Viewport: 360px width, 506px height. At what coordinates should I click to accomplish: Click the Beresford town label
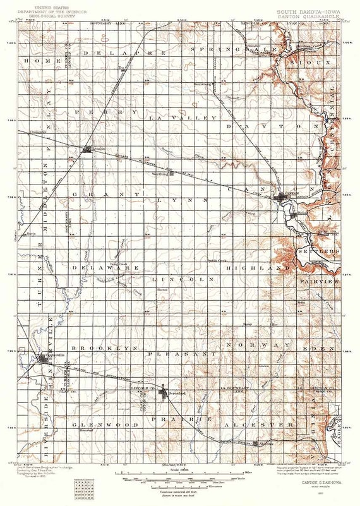(179, 394)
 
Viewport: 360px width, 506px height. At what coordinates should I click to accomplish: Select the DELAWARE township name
(105, 268)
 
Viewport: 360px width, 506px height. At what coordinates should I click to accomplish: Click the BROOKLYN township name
(104, 348)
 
